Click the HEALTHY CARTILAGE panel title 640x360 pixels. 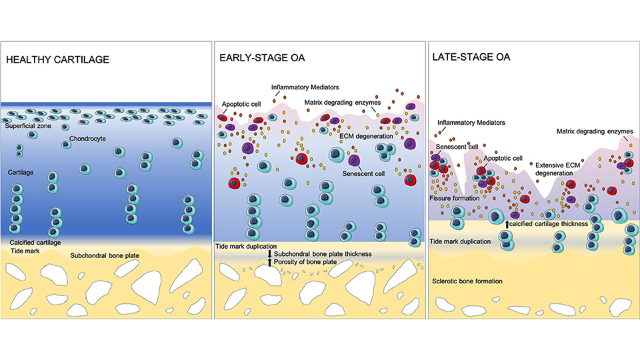pyautogui.click(x=57, y=60)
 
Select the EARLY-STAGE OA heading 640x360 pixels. pyautogui.click(x=263, y=58)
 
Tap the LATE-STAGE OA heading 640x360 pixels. pyautogui.click(x=472, y=57)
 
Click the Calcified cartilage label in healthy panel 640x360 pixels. pyautogui.click(x=36, y=242)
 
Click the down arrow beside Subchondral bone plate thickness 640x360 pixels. pyautogui.click(x=269, y=253)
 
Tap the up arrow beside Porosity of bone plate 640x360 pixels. pyautogui.click(x=269, y=262)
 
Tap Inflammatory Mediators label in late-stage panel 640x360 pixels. pyautogui.click(x=468, y=123)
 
